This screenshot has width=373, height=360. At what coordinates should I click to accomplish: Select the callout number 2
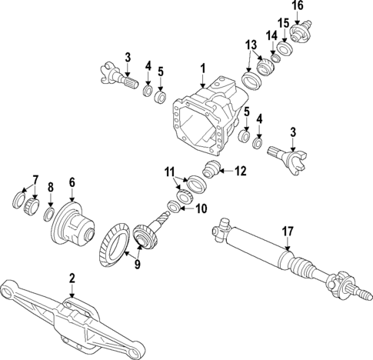72,278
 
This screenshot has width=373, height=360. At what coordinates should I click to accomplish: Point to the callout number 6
72,182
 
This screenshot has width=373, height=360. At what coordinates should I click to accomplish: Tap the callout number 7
34,182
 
